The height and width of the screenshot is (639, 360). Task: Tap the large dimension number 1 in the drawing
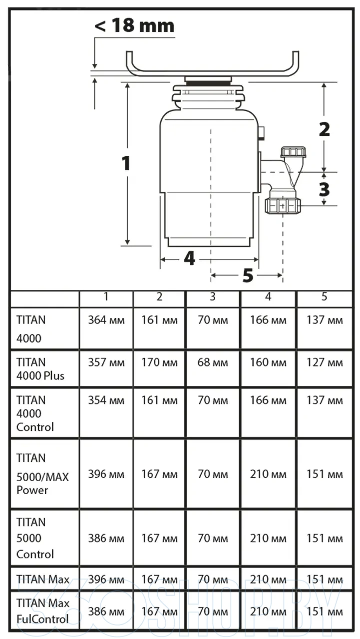tap(126, 163)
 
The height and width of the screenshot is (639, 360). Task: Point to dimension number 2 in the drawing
tap(324, 129)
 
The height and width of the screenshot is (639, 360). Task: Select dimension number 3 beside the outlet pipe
tap(324, 189)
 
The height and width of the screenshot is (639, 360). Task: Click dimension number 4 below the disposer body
tap(189, 259)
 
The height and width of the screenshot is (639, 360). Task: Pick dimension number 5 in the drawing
tap(248, 275)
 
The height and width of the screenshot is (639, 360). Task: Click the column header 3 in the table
tap(213, 297)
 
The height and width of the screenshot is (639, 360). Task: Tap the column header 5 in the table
tap(324, 297)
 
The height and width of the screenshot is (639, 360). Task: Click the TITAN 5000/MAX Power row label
tap(42, 474)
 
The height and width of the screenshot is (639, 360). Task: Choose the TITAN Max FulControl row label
tap(42, 611)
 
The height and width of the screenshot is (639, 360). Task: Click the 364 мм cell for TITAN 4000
tap(106, 320)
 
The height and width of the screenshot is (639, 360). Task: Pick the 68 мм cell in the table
tap(213, 362)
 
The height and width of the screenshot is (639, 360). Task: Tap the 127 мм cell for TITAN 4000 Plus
tap(324, 362)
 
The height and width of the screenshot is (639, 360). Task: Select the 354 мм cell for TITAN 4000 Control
tap(106, 400)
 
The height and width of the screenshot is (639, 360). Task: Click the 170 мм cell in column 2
tap(159, 362)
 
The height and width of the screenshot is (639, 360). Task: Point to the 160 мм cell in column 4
tap(268, 362)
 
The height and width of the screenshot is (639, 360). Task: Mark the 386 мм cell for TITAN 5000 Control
tap(106, 539)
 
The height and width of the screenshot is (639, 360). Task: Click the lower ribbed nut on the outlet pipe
tap(282, 205)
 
